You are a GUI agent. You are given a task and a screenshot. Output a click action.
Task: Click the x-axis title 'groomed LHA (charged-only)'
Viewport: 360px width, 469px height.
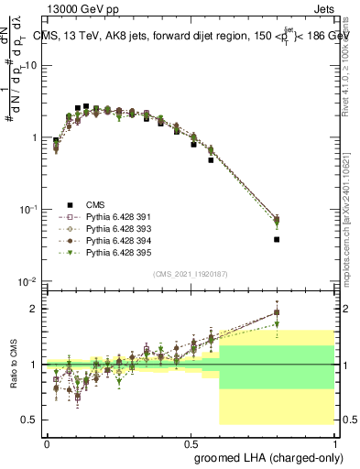pos(265,456)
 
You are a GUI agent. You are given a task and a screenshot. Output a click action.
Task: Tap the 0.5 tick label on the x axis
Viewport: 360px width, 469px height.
pos(191,442)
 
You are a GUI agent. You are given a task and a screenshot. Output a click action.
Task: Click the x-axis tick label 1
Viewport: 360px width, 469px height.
pos(335,442)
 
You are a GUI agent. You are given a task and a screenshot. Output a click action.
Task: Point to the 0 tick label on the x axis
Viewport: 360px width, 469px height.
pos(47,442)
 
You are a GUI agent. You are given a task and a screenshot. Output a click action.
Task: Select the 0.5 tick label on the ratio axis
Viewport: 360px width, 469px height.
pos(30,420)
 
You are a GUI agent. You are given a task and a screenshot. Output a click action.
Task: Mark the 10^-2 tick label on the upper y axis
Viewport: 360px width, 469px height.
pos(27,281)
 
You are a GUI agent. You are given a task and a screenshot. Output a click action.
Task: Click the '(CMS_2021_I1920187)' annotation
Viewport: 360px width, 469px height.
pos(191,273)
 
